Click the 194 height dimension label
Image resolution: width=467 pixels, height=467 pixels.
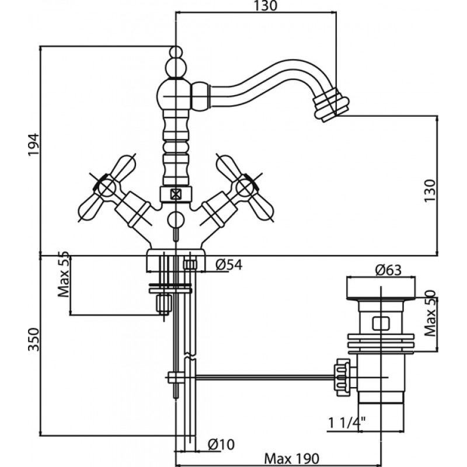[x=33, y=145]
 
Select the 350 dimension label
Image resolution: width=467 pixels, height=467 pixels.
[x=33, y=340]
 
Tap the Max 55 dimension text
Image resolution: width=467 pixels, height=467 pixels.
[x=64, y=274]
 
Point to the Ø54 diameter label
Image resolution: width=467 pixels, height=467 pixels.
[x=229, y=264]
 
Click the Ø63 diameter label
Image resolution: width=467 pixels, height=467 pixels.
[x=388, y=270]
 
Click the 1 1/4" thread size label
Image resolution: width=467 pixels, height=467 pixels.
[x=347, y=423]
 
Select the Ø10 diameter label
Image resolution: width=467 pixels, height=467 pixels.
[x=221, y=445]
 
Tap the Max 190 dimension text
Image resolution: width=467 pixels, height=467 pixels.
[x=291, y=458]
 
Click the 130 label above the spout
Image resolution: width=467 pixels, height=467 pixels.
[x=265, y=6]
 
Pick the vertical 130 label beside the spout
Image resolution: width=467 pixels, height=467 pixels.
[x=430, y=191]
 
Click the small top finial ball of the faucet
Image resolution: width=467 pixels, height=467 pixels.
[x=176, y=52]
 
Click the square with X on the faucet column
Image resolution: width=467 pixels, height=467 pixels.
[x=176, y=195]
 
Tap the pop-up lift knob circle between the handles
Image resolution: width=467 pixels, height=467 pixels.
[x=176, y=220]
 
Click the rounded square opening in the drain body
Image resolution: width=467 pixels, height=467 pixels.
[x=381, y=323]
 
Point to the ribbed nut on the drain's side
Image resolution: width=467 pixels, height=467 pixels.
[x=343, y=377]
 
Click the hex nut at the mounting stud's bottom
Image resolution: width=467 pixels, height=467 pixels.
[x=164, y=304]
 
